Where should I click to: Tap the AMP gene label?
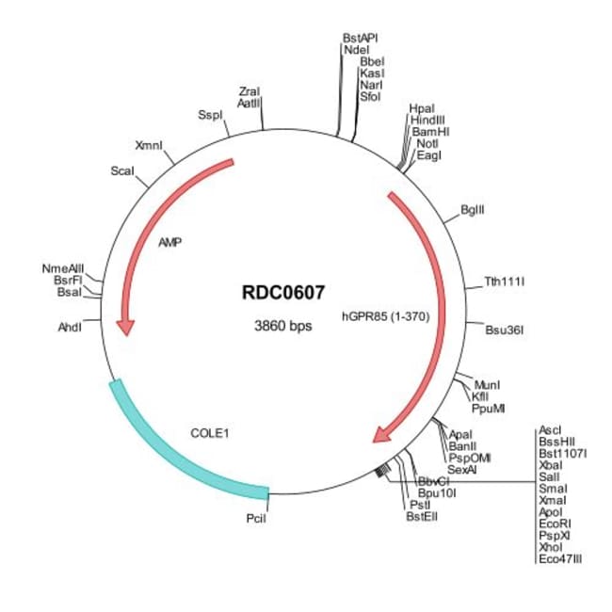point(170,242)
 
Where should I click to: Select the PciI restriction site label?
point(256,516)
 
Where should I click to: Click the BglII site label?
point(473,209)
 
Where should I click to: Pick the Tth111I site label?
point(504,281)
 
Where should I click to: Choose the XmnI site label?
point(149,145)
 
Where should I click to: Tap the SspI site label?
point(209,115)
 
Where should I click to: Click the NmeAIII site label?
point(62,268)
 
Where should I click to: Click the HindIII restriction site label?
point(428,121)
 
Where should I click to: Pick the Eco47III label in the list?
point(559,558)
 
